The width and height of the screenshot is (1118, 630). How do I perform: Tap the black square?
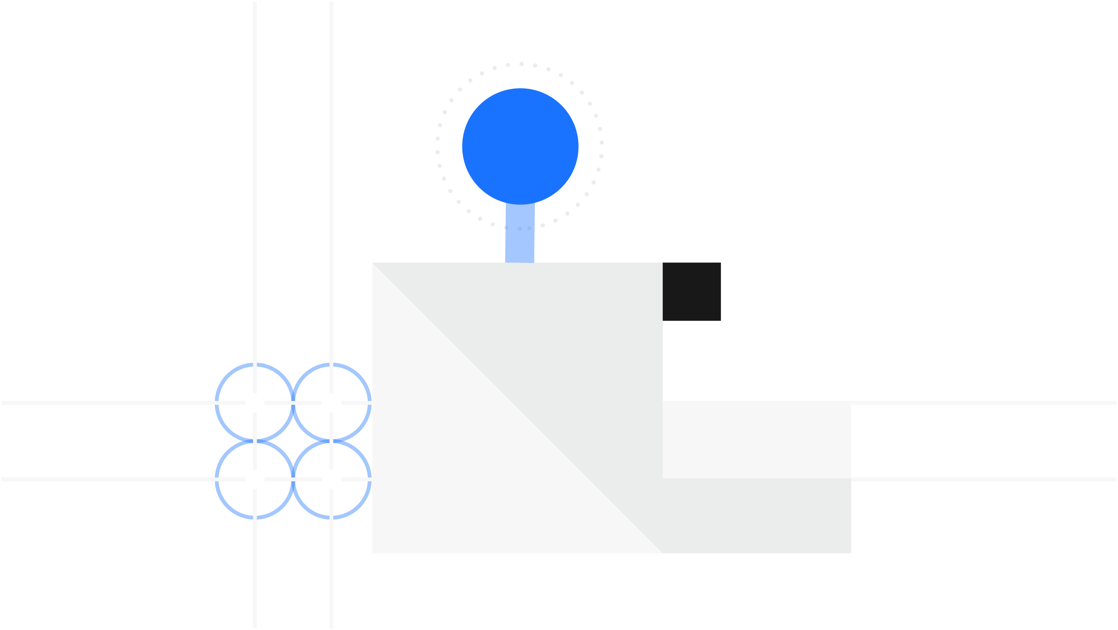691,292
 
